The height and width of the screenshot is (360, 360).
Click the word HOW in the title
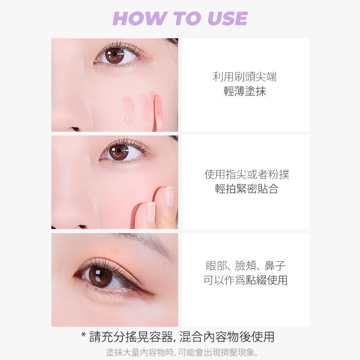pyautogui.click(x=139, y=18)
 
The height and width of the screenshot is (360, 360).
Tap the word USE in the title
pyautogui.click(x=228, y=18)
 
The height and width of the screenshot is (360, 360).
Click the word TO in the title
pyautogui.click(x=187, y=18)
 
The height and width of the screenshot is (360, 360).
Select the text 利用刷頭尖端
pyautogui.click(x=245, y=76)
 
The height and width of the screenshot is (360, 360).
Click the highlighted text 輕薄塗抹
pyautogui.click(x=245, y=91)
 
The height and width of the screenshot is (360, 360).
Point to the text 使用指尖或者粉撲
pyautogui.click(x=247, y=174)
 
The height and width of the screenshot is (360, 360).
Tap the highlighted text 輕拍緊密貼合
pyautogui.click(x=247, y=189)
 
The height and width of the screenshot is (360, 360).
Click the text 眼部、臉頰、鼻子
pyautogui.click(x=245, y=266)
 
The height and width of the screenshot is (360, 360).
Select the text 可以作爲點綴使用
pyautogui.click(x=245, y=280)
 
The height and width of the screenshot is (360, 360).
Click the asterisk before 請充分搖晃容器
pyautogui.click(x=84, y=335)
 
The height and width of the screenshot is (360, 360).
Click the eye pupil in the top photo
pyautogui.click(x=114, y=54)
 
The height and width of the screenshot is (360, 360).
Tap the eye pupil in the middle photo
pyautogui.click(x=119, y=151)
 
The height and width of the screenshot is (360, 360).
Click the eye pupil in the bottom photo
pyautogui.click(x=100, y=276)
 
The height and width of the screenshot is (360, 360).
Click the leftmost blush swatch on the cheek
pyautogui.click(x=129, y=110)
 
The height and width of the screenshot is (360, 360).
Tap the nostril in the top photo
pyautogui.click(x=75, y=129)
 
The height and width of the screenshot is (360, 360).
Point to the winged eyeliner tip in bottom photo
pyautogui.click(x=154, y=294)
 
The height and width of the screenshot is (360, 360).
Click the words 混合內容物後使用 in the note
pyautogui.click(x=227, y=337)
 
